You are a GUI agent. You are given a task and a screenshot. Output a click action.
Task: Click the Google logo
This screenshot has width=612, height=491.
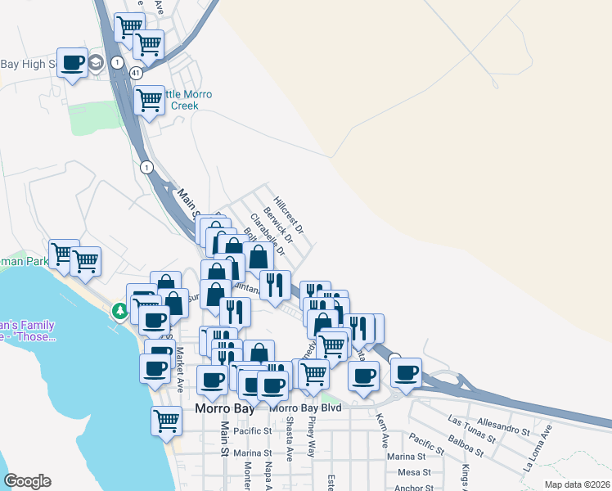coord(27,481)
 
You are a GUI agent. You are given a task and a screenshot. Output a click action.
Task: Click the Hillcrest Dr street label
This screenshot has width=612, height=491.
coord(289,213)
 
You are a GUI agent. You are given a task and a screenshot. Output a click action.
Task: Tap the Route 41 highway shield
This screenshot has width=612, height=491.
coord(136,73)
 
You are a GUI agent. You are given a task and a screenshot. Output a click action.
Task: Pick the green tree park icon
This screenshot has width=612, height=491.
coord(120,311)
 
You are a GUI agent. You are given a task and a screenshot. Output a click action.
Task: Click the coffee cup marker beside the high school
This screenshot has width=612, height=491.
coord(73,62)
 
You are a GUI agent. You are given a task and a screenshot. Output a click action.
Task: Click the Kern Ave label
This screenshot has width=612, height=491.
coord(381,430)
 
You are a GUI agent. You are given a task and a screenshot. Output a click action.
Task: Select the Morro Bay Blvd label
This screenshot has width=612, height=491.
coord(305,408)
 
